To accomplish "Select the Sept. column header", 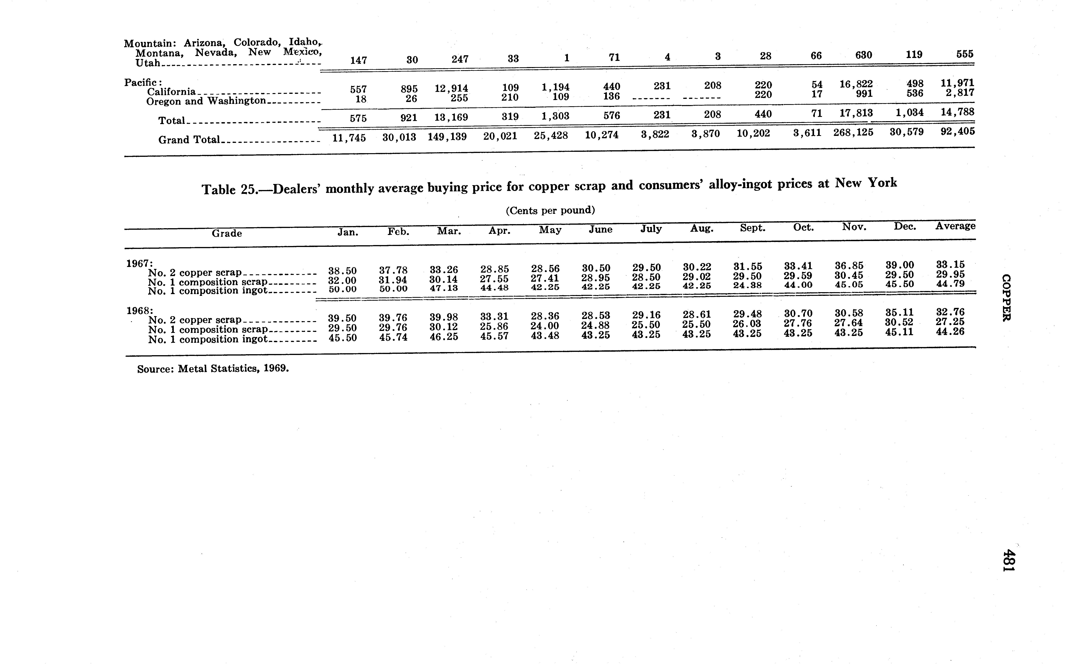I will click(x=752, y=228).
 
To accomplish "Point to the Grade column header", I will click(x=227, y=233).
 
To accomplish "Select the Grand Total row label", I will click(x=189, y=140).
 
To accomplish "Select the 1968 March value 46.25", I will click(x=444, y=337).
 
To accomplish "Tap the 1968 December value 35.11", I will click(x=899, y=312).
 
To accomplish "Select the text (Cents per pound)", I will click(x=550, y=210).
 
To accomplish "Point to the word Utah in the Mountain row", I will click(x=148, y=63).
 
